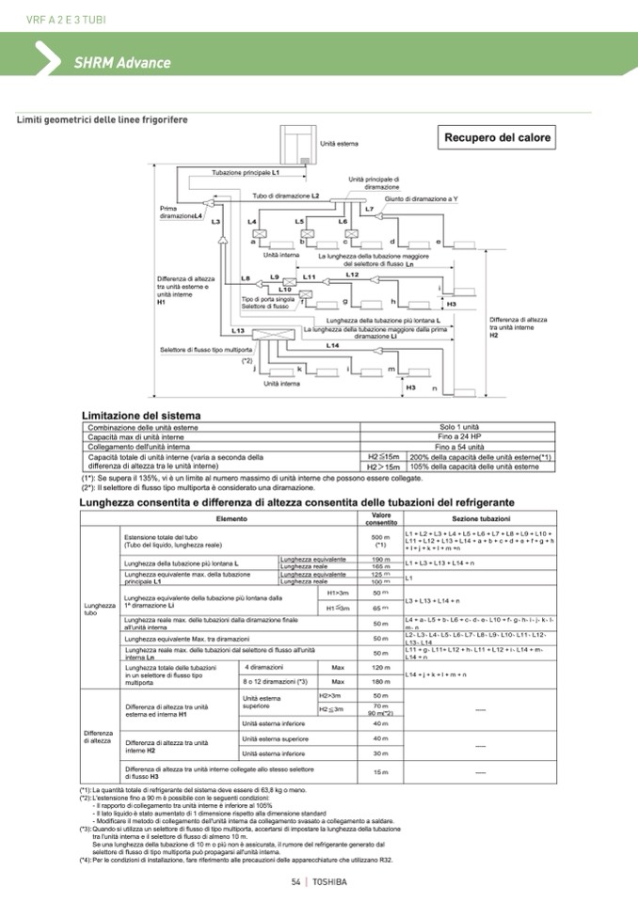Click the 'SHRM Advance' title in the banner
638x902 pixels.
tap(122, 63)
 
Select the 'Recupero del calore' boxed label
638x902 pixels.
tap(498, 137)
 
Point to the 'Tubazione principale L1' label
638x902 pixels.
tap(246, 174)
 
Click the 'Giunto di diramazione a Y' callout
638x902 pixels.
tap(421, 198)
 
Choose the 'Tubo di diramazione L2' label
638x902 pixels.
tap(286, 195)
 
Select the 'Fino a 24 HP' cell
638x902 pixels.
tap(459, 437)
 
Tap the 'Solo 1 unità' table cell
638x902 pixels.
tap(459, 427)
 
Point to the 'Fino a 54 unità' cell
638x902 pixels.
tap(459, 447)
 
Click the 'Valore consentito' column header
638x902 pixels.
tap(381, 518)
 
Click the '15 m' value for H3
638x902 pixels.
tap(381, 772)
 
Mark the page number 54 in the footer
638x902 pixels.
tap(295, 881)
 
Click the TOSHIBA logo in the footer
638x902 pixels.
tap(329, 881)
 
